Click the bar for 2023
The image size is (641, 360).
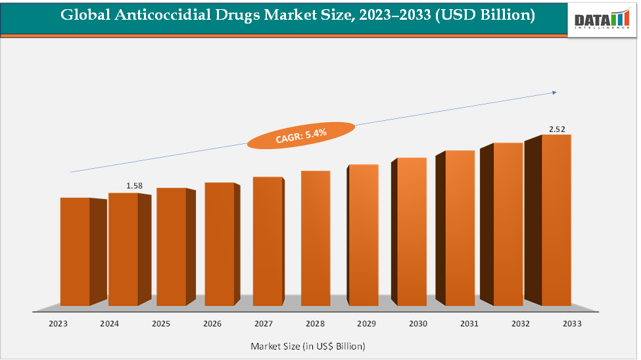(75, 252)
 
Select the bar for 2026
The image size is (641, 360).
(219, 244)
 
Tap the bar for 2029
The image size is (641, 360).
(364, 235)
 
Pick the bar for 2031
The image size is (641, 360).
(460, 228)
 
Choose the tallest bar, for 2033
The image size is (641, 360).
(556, 220)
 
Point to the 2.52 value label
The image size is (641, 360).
(556, 129)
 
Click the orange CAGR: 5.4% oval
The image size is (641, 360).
(300, 135)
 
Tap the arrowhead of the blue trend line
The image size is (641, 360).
(554, 93)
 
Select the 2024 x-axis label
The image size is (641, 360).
(109, 324)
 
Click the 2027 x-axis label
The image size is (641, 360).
(264, 324)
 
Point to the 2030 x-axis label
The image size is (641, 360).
(417, 324)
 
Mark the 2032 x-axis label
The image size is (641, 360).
(520, 324)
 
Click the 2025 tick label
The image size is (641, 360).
(161, 324)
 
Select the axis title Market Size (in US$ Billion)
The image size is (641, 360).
(308, 346)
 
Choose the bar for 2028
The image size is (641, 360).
(316, 238)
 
